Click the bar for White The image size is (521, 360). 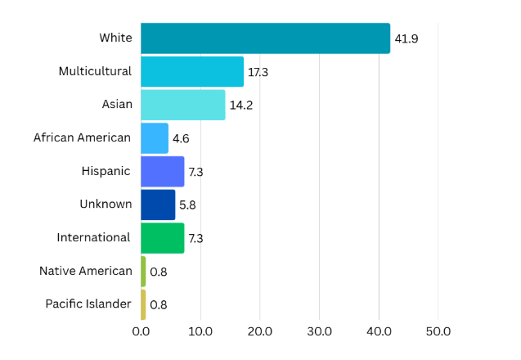265,38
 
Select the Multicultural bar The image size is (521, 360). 192,72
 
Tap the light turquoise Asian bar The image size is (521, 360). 182,105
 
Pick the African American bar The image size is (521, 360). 155,138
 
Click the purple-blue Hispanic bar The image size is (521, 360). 163,172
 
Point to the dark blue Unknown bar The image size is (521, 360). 158,205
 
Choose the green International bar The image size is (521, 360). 163,238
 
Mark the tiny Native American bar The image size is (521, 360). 143,272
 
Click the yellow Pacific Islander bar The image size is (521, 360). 143,304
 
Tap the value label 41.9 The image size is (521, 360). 406,38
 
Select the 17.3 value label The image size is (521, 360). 258,72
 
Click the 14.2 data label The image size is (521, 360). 240,105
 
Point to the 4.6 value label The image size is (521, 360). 181,138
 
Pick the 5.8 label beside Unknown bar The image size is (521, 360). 188,205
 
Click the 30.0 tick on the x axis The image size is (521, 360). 319,332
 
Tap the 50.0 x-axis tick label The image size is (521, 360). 438,332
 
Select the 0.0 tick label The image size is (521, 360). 141,332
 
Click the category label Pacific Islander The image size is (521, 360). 88,304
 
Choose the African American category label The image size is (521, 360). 83,137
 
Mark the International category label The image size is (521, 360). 94,237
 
